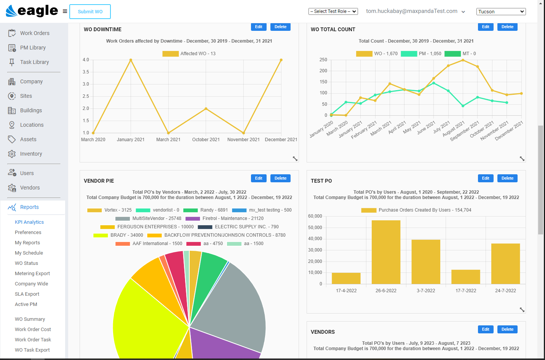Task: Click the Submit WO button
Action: pos(90,12)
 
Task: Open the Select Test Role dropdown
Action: pos(333,11)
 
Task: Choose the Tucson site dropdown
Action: pos(500,12)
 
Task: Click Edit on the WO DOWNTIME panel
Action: pos(259,27)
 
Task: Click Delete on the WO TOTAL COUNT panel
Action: pos(507,27)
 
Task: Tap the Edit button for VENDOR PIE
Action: pos(259,178)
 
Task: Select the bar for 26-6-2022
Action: pos(386,252)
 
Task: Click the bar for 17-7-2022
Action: pos(465,277)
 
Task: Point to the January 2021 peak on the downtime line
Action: pos(131,60)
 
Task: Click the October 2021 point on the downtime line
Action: pos(206,109)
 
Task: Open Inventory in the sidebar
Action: pos(31,154)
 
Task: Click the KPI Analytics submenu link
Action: pos(29,222)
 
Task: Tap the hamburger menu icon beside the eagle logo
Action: pos(65,11)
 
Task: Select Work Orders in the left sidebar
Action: pos(35,33)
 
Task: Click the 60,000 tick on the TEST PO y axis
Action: pos(315,216)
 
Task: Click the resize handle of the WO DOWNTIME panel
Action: pos(295,159)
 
